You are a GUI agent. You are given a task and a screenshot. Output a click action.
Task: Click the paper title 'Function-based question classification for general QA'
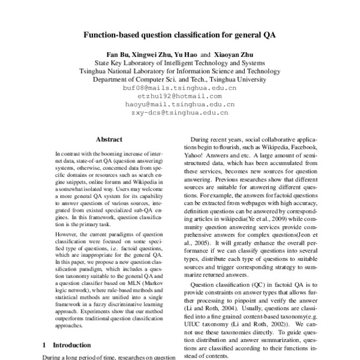[179, 35]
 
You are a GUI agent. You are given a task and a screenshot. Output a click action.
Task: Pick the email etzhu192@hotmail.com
[179, 95]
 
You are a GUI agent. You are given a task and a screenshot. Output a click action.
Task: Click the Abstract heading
[109, 139]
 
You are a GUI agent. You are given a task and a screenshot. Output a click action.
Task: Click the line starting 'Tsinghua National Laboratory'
[179, 70]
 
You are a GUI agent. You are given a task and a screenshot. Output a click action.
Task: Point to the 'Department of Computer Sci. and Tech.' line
[179, 78]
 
